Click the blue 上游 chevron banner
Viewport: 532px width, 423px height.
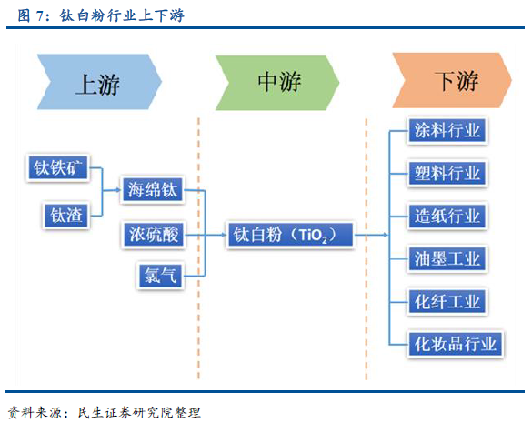pos(99,82)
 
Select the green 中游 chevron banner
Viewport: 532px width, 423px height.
pos(277,83)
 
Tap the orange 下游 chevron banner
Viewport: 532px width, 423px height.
pos(452,80)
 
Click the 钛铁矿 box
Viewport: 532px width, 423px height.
pos(57,167)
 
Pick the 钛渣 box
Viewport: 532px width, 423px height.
pos(66,216)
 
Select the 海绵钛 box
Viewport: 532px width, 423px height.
pos(153,189)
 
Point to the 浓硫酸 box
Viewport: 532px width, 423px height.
pos(154,235)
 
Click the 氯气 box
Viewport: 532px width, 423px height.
pos(160,275)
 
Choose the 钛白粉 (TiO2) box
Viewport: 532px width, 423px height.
pos(291,235)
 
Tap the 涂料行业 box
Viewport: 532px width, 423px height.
pos(447,130)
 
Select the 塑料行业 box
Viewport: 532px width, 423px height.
pos(447,173)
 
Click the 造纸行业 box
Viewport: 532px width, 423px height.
pos(447,216)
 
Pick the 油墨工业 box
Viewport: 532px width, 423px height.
pos(447,258)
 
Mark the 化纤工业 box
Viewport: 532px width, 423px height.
pos(447,301)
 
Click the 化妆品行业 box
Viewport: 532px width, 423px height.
pos(456,344)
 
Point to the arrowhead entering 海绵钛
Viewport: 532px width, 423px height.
pos(119,190)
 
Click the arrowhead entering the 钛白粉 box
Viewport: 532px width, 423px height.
pos(223,235)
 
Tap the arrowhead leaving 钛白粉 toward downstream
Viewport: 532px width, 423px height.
pos(386,235)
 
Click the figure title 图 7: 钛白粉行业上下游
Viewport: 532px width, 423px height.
pos(101,15)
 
